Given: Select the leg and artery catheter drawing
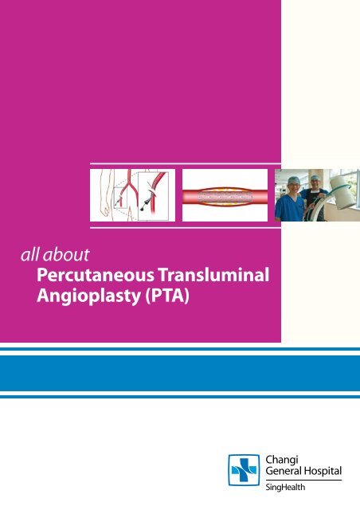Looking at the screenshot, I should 131,195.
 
